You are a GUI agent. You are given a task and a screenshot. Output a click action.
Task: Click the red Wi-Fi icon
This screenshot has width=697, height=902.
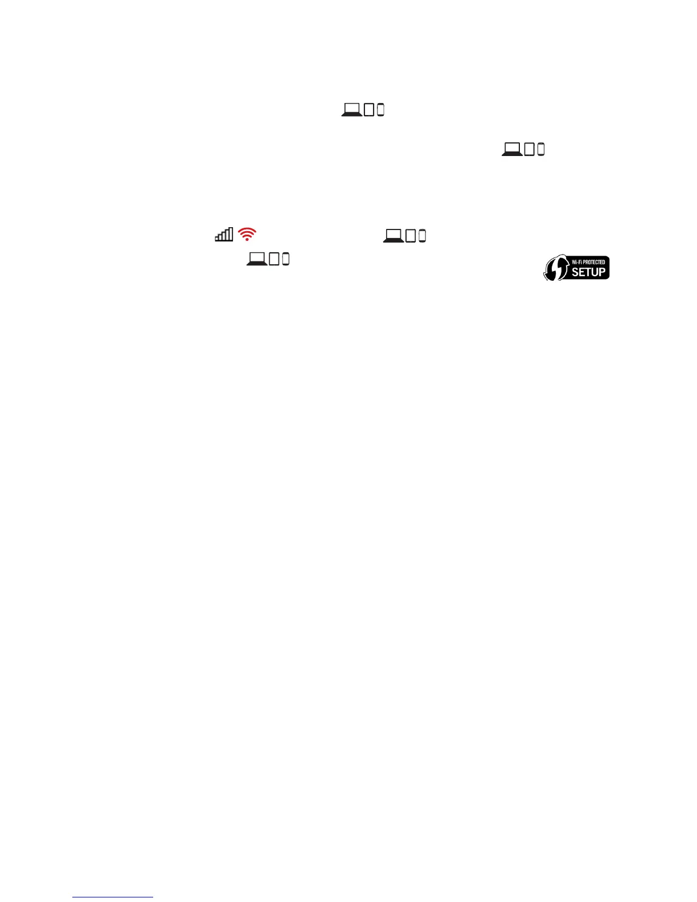pyautogui.click(x=247, y=233)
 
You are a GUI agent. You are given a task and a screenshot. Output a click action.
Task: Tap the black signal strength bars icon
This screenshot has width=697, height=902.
pyautogui.click(x=224, y=234)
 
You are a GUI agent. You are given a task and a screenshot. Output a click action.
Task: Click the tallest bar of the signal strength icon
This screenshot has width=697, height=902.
pyautogui.click(x=231, y=233)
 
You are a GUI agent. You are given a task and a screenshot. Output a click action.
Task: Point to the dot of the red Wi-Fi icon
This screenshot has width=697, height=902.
pyautogui.click(x=247, y=239)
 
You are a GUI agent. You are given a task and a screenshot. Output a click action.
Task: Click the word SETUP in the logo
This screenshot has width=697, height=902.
pyautogui.click(x=589, y=272)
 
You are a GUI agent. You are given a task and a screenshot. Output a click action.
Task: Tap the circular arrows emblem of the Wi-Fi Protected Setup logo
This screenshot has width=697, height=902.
pyautogui.click(x=556, y=268)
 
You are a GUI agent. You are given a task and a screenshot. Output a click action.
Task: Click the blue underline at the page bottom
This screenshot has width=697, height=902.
pyautogui.click(x=113, y=897)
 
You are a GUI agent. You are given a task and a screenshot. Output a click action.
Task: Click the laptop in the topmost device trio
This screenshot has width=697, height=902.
pyautogui.click(x=352, y=109)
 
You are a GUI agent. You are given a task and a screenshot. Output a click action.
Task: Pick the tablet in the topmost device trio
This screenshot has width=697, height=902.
pyautogui.click(x=369, y=110)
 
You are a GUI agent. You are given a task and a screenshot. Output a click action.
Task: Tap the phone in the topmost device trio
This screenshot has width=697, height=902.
pyautogui.click(x=381, y=110)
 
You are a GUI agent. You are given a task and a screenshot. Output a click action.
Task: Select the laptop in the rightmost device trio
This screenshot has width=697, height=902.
pyautogui.click(x=512, y=149)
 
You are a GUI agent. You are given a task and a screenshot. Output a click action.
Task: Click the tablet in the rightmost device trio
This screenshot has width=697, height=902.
pyautogui.click(x=529, y=149)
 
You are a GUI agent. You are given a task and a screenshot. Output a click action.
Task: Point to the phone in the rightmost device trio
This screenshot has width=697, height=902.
pyautogui.click(x=541, y=149)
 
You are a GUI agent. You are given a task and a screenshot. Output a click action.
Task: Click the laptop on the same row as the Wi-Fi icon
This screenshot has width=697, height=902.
pyautogui.click(x=393, y=235)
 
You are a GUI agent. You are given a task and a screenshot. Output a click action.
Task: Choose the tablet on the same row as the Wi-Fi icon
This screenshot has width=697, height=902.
pyautogui.click(x=411, y=236)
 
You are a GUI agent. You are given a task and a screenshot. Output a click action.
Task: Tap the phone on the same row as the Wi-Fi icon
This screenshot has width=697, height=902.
pyautogui.click(x=423, y=236)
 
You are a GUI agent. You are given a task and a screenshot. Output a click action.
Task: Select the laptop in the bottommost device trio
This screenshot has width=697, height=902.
pyautogui.click(x=257, y=259)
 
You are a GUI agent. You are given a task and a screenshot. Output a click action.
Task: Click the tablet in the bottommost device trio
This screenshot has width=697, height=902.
pyautogui.click(x=274, y=259)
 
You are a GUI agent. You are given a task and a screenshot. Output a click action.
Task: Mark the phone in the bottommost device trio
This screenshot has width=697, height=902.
pyautogui.click(x=286, y=259)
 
